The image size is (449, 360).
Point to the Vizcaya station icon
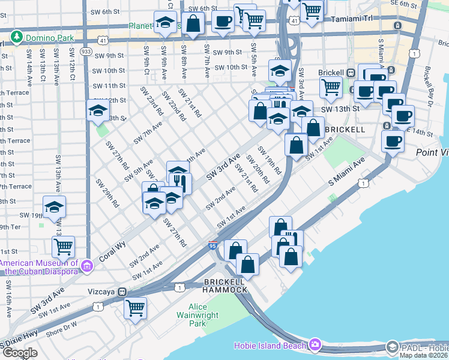pyautogui.click(x=122, y=292)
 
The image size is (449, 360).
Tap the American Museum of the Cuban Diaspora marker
pyautogui.click(x=87, y=265)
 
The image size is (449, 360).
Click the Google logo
pyautogui.click(x=20, y=353)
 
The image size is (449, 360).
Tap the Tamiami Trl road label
pyautogui.click(x=355, y=19)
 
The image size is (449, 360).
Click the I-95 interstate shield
pyautogui.click(x=213, y=245)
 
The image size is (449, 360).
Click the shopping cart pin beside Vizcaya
pyautogui.click(x=135, y=307)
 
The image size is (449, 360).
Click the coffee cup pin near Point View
pyautogui.click(x=393, y=141)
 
